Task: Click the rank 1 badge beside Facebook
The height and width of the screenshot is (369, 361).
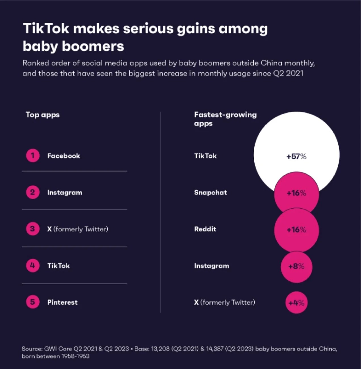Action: point(33,156)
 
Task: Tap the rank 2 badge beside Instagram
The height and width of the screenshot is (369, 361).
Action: point(33,192)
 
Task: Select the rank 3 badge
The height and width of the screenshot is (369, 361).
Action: point(33,229)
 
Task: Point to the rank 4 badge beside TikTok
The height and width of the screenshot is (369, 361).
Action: point(33,265)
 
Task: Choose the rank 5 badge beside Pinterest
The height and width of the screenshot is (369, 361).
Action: point(33,302)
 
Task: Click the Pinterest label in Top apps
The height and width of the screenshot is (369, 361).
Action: point(62,302)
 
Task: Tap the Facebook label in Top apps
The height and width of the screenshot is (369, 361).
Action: point(64,156)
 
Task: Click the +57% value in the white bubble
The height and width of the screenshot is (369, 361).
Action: point(296,156)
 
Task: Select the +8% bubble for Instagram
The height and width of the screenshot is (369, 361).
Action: point(296,266)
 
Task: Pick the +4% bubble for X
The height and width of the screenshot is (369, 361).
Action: point(296,303)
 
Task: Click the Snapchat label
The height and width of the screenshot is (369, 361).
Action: point(211,192)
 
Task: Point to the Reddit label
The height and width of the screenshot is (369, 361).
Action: point(205,229)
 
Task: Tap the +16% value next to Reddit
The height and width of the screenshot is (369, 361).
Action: point(296,230)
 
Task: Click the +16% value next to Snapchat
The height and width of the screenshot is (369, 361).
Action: point(296,193)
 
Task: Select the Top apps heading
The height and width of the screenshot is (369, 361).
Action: point(43,115)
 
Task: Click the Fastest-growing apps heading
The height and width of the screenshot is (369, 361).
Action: point(225,119)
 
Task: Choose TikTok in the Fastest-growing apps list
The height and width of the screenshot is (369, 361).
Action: point(205,156)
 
